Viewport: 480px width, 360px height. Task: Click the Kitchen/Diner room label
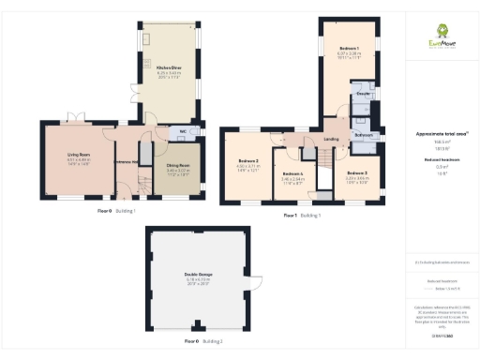pos(155,67)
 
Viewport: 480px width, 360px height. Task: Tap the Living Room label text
pos(77,155)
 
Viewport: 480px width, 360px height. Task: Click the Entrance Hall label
pos(127,161)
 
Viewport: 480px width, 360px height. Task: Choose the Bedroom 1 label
pos(349,48)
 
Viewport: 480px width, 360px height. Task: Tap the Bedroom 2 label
pos(247,161)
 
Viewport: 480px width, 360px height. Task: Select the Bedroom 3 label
pos(356,172)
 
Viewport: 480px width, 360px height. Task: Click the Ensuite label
pos(363,94)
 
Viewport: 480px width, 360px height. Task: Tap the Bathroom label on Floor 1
pos(364,135)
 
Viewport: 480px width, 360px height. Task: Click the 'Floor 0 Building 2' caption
pos(199,342)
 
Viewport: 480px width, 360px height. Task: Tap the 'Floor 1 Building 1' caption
pos(302,216)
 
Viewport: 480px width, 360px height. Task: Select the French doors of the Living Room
pos(78,124)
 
